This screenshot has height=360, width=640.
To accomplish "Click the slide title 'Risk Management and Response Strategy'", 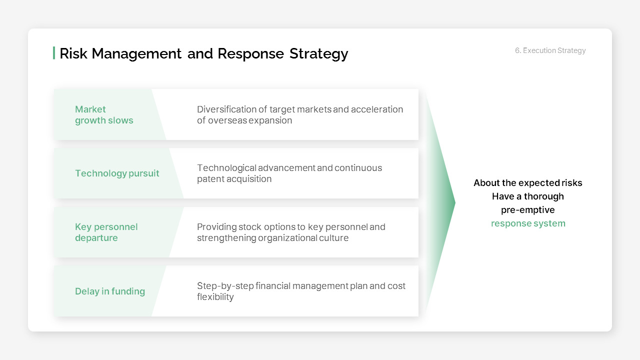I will pos(203,53).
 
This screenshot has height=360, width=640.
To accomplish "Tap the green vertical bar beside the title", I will pos(54,53).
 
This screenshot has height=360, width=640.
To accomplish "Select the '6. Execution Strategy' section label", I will pos(550,50).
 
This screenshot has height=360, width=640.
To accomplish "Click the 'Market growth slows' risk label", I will pos(104,115).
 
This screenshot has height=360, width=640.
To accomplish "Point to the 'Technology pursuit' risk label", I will pos(117,173).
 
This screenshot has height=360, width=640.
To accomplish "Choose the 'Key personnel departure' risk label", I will pos(106,232).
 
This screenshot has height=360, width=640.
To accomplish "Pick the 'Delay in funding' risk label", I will pos(110,291).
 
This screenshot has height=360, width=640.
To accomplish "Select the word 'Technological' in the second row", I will pos(226,168).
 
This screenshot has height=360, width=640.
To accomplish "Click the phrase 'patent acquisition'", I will pos(234,179).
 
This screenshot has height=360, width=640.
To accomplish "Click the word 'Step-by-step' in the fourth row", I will pos(225,286).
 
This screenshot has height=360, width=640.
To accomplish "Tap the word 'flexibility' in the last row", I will pos(215,297).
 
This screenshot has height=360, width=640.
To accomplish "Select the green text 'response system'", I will pos(528,223).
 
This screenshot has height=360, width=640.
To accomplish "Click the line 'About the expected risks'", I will pos(528,183).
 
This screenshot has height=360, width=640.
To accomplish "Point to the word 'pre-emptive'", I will pos(528,210).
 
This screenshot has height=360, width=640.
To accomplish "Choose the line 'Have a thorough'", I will pos(528,196).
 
